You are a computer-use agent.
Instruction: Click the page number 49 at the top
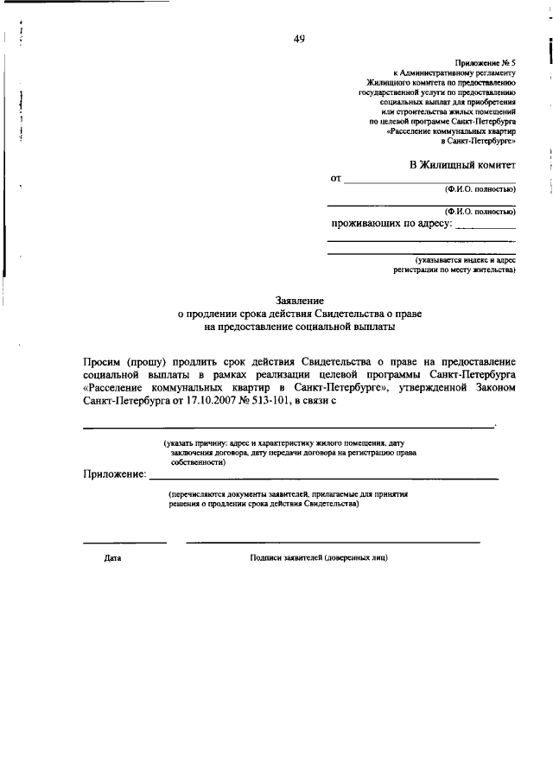298,38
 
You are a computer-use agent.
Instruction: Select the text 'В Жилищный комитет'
462,164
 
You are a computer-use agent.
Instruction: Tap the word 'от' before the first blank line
336,179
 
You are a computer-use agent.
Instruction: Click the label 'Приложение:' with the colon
115,475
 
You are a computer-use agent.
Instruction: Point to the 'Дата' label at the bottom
112,558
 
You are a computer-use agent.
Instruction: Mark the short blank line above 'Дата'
124,543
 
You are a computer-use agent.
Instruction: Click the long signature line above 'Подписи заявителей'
333,543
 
